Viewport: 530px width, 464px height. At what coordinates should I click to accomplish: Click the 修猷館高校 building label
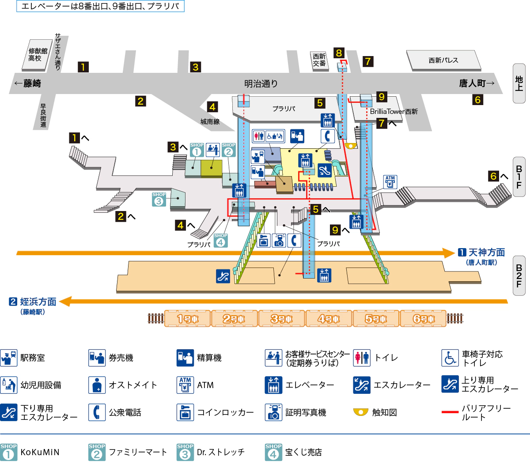click(x=38, y=55)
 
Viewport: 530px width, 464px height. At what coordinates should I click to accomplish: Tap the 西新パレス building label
click(x=443, y=60)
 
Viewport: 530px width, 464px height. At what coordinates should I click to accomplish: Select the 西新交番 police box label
click(x=319, y=60)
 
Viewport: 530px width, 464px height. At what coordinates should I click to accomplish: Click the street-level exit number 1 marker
click(x=83, y=67)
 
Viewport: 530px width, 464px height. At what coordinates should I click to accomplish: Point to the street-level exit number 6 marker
click(x=477, y=100)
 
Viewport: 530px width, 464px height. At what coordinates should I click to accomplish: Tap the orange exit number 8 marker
click(x=339, y=53)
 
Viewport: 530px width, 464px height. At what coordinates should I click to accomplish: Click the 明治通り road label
click(x=261, y=83)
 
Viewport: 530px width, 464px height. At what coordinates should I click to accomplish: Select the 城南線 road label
click(x=210, y=121)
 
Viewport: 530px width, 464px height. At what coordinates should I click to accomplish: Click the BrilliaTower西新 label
click(x=394, y=112)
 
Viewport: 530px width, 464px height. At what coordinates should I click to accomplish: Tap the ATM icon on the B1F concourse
click(x=390, y=181)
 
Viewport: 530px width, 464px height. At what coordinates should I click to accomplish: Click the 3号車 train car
click(x=281, y=319)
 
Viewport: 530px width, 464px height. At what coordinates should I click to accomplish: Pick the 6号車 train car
click(x=424, y=319)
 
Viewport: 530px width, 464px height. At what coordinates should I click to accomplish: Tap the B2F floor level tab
click(x=519, y=276)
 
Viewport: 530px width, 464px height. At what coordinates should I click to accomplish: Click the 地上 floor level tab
click(x=519, y=83)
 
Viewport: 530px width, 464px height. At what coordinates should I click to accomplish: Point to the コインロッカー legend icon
click(x=185, y=412)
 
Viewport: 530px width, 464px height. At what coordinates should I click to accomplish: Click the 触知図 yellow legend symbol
click(x=361, y=412)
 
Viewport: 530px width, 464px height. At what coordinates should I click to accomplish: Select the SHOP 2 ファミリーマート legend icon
click(x=97, y=452)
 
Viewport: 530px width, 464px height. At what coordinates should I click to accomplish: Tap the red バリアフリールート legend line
click(x=450, y=412)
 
